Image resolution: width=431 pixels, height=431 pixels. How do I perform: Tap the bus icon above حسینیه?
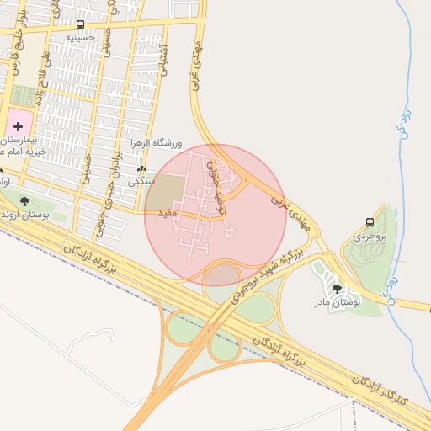[80, 25]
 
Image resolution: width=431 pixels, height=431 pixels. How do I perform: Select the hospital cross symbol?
[19, 125]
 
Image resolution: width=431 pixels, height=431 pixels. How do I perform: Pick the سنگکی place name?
[141, 181]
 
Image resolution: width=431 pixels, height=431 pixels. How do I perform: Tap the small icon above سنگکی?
[141, 169]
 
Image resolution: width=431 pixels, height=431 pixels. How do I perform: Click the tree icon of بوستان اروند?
[24, 201]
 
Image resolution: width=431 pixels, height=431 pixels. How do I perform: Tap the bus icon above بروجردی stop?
[370, 222]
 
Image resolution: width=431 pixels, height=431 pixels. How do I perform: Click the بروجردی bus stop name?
[369, 237]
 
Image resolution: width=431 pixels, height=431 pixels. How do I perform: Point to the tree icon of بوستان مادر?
[338, 289]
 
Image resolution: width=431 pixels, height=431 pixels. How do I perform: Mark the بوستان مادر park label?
[338, 301]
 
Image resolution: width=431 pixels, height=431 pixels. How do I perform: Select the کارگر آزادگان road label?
[379, 390]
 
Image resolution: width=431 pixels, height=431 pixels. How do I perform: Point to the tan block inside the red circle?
[163, 193]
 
